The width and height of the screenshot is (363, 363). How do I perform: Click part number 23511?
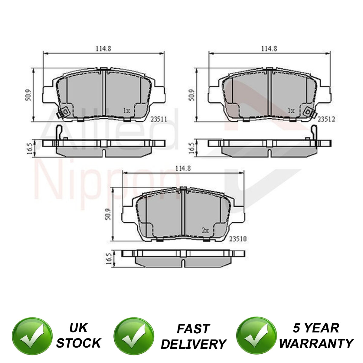tap(159, 119)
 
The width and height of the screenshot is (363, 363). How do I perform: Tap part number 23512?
tap(326, 119)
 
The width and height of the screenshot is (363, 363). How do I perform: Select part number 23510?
tap(238, 239)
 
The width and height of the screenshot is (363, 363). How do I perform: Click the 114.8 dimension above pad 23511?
tap(104, 49)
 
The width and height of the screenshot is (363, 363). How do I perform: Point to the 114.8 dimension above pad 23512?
tap(269, 49)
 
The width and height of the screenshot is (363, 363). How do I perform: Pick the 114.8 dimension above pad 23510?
tap(183, 168)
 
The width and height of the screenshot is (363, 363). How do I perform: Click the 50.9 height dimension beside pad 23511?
tap(28, 95)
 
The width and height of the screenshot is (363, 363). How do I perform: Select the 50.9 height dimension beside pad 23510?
tap(108, 214)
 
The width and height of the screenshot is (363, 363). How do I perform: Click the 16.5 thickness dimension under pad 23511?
tap(30, 148)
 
